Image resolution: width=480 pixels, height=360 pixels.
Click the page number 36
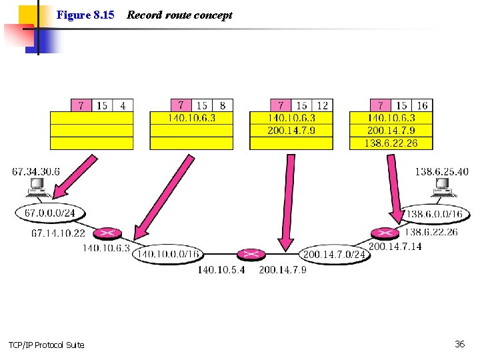459,344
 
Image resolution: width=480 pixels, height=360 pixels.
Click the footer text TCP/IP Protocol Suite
47,345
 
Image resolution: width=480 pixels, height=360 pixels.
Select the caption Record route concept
179,15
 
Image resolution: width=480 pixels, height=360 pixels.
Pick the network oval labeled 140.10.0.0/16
167,254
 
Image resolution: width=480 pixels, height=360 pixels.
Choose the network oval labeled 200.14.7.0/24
334,254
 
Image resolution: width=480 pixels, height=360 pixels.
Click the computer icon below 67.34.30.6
37,187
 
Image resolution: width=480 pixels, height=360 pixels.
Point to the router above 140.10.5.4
251,254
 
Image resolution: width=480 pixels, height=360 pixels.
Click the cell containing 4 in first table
123,105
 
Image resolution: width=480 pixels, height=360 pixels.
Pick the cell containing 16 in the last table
422,105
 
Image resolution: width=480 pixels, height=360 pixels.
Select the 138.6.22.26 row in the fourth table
391,143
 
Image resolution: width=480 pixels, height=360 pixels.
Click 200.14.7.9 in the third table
291,130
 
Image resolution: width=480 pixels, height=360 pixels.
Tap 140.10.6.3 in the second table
191,118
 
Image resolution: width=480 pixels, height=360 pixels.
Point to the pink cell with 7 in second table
181,105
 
